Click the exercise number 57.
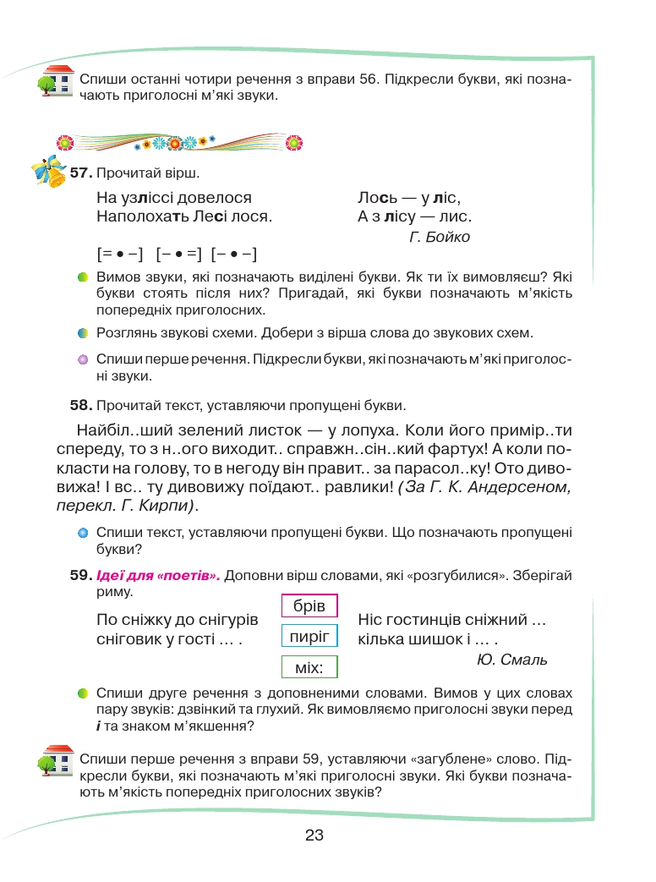(80, 173)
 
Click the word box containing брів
(309, 606)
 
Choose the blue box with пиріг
(309, 636)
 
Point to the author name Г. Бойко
(439, 237)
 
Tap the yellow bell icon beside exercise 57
(49, 172)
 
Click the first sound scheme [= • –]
(121, 254)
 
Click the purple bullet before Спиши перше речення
(83, 359)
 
